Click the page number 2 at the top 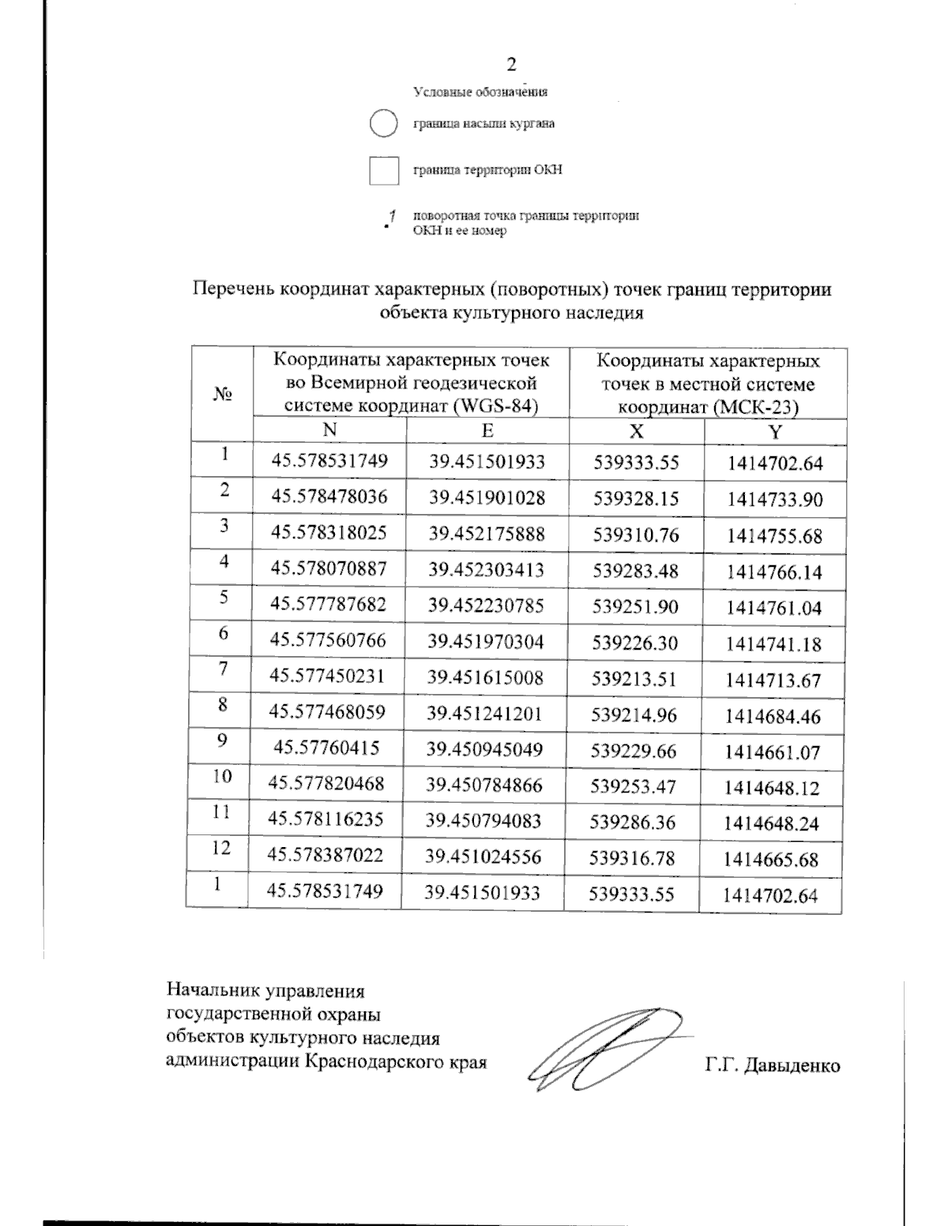(512, 65)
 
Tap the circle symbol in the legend (383, 124)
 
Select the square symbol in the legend (384, 171)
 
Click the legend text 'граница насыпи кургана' (484, 124)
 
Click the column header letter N (329, 429)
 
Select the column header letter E (487, 430)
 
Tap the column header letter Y (775, 432)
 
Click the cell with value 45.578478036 (329, 497)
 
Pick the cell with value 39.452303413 (487, 569)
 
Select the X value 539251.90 (636, 606)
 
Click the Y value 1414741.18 (774, 644)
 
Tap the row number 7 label (224, 669)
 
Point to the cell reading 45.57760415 (325, 748)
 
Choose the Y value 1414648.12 (772, 788)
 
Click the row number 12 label (221, 848)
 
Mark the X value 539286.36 (633, 823)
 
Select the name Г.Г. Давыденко (773, 1066)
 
